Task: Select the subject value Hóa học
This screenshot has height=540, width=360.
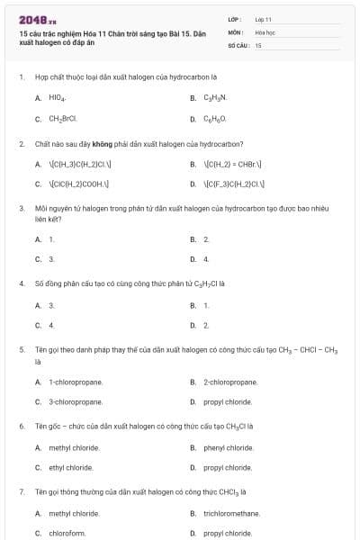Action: (265, 31)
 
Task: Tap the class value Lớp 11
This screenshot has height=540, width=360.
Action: (263, 19)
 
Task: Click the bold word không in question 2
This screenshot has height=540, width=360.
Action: (91, 144)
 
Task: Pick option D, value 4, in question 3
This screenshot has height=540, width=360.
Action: (206, 260)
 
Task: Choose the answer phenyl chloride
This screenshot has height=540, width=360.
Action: (228, 448)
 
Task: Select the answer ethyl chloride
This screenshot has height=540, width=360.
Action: (71, 468)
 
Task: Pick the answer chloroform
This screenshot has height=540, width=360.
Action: (67, 533)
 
